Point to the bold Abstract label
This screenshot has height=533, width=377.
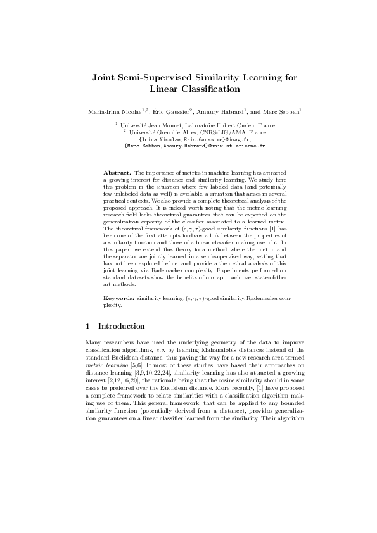click(x=117, y=172)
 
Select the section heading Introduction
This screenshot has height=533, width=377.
click(x=122, y=326)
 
